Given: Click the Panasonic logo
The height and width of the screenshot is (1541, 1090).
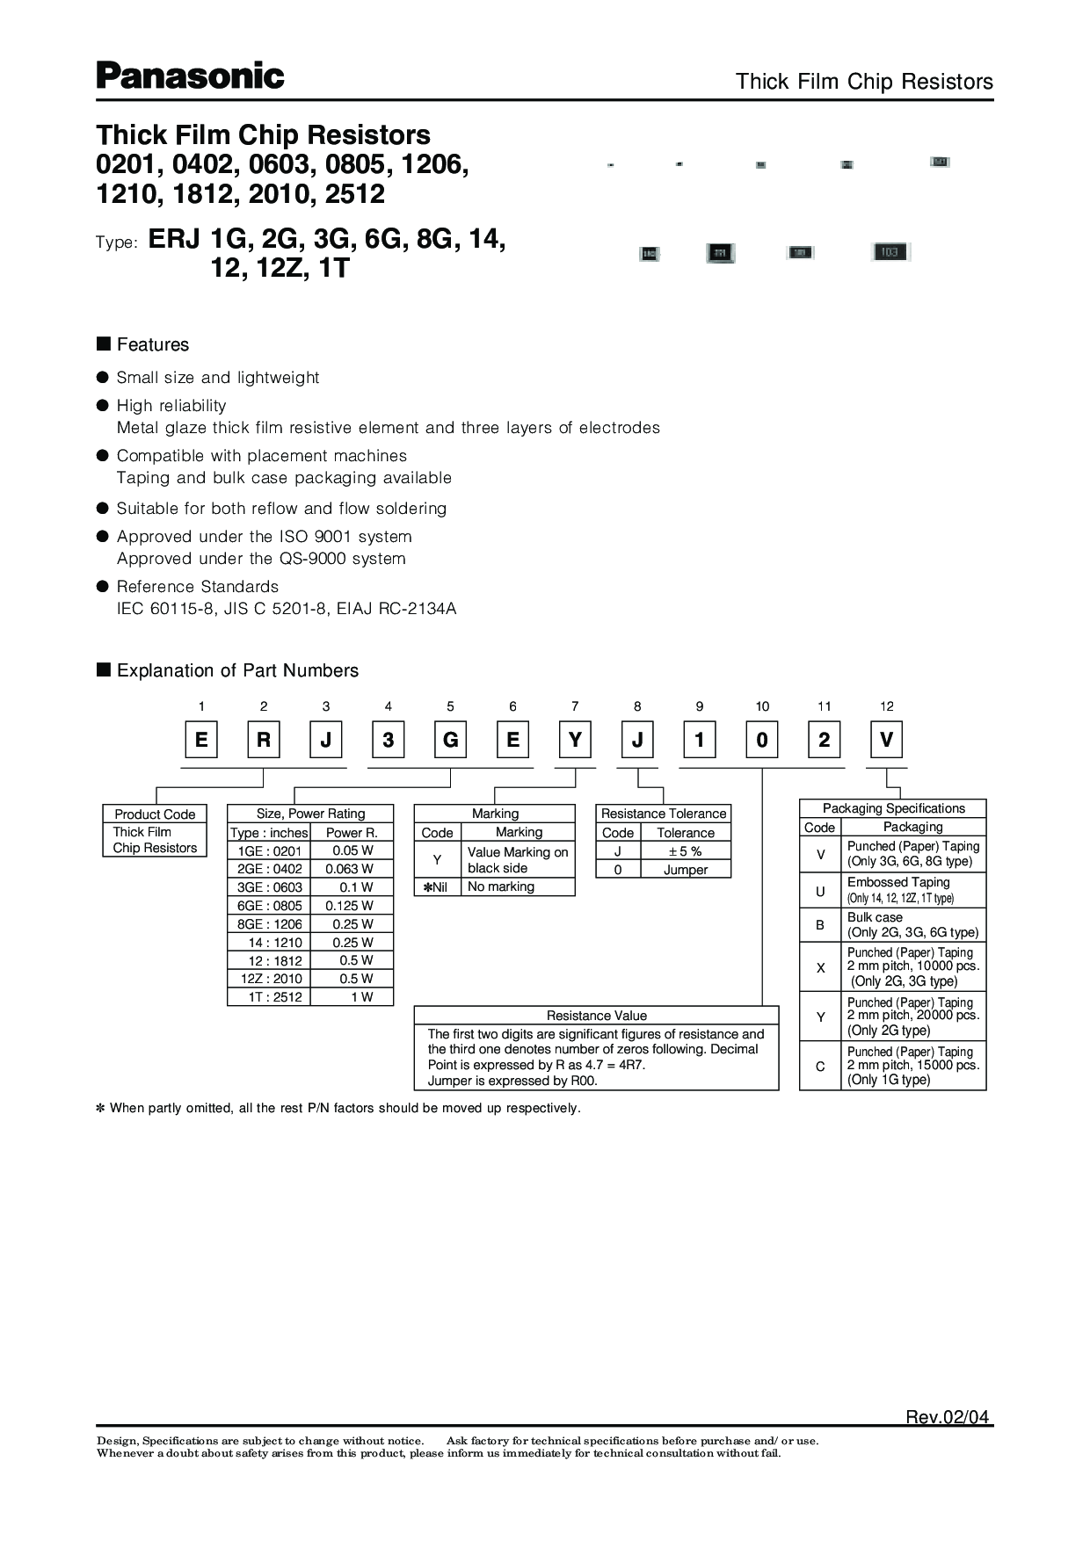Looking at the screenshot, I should (x=190, y=76).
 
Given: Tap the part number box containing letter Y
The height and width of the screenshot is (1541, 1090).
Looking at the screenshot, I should (x=575, y=740).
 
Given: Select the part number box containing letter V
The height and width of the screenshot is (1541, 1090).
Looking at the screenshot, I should (x=886, y=740).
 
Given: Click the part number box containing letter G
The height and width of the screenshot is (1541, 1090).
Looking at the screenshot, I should (x=450, y=740).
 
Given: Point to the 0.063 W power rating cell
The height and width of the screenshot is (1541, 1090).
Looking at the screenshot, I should (x=352, y=869).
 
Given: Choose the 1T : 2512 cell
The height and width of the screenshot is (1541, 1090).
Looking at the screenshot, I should (x=269, y=997).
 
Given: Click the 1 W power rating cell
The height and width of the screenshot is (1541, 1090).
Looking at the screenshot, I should (x=352, y=997).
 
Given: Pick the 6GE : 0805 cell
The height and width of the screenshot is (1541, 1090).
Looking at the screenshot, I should (x=269, y=906).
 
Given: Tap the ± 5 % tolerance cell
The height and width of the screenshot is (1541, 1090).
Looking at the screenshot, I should (x=685, y=851).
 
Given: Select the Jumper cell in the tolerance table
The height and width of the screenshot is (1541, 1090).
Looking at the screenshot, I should (x=685, y=870).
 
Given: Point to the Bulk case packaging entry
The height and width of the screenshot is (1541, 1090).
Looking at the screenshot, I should (x=912, y=924).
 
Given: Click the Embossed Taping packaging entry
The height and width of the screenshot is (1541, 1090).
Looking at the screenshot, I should (x=912, y=889).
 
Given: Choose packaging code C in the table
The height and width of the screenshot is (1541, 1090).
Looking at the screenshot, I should (x=820, y=1066).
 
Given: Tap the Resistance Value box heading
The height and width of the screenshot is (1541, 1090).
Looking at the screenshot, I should (x=596, y=1016).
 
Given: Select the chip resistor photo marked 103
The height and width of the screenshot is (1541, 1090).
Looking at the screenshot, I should (x=889, y=252).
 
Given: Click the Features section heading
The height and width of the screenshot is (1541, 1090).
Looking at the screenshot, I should (x=152, y=344).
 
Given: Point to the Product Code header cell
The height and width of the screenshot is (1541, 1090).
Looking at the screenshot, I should (x=155, y=814).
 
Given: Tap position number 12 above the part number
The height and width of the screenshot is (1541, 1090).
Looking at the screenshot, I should (x=886, y=706).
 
